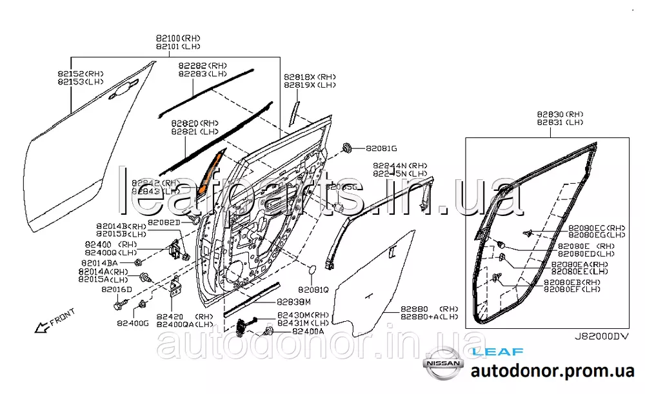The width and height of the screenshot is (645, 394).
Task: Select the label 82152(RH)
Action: coord(81,74)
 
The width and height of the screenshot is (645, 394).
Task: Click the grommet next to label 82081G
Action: coord(346,148)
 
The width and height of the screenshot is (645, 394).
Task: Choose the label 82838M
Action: coord(294,302)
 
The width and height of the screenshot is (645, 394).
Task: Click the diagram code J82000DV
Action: coord(600,337)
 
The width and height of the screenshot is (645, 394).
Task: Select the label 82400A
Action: coord(308,331)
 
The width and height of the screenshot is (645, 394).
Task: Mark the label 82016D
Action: coord(117,290)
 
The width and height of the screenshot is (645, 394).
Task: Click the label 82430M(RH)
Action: coord(303,315)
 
